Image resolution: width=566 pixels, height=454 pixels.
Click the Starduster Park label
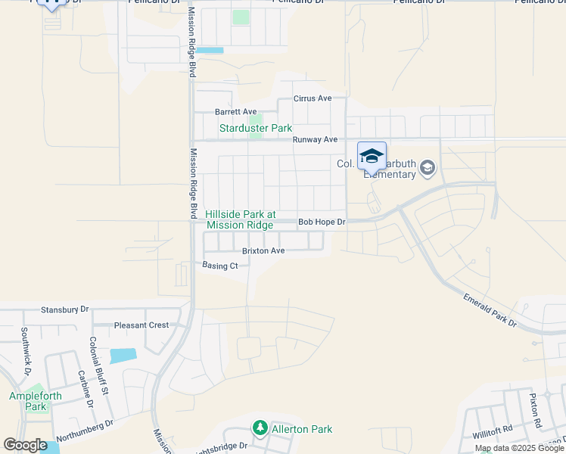pos(255,129)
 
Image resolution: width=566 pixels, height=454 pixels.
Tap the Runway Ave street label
pos(315,140)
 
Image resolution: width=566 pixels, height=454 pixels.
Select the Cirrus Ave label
pos(313,99)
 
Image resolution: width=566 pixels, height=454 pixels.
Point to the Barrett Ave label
pos(236,112)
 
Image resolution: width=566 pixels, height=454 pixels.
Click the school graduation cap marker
pos(372,156)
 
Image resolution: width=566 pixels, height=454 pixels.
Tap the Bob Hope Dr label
pos(321,222)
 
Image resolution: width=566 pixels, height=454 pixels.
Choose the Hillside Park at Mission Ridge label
pos(239,220)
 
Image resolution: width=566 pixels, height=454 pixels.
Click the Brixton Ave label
pos(263,250)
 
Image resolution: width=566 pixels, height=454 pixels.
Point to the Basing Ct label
pos(220,266)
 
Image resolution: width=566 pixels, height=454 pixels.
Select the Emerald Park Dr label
pos(490,312)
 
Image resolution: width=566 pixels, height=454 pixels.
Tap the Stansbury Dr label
pos(64,309)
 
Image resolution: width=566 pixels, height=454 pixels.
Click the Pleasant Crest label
pos(141,325)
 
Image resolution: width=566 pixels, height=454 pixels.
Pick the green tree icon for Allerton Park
pos(260,429)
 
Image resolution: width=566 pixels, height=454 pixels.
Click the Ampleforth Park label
pos(28,401)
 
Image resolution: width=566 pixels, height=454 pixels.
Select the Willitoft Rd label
pos(493,430)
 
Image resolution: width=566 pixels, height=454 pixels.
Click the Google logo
pos(25,445)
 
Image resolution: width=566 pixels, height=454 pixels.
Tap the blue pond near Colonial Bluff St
pos(123,356)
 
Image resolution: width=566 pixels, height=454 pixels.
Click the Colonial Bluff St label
pos(100,365)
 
